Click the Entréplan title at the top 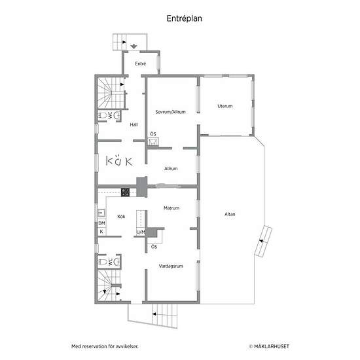[184, 18]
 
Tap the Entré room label [141, 63]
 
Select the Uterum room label [225, 106]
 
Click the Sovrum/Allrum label [170, 112]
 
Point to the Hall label [134, 124]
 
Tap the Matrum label [171, 208]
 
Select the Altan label [230, 214]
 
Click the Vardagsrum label [171, 266]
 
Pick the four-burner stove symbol [126, 192]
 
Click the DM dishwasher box [101, 223]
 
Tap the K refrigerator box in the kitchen [101, 232]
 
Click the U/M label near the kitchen [141, 232]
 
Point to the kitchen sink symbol [101, 213]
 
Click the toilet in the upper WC [103, 115]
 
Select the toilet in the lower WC [103, 262]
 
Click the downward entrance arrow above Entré [134, 46]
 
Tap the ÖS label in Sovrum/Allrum [153, 134]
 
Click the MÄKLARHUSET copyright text [269, 346]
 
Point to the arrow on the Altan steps [261, 241]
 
